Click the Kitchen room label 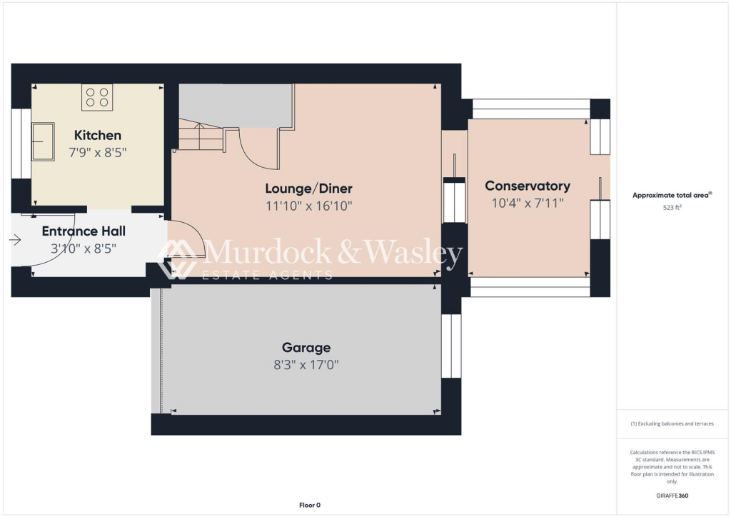pyautogui.click(x=98, y=135)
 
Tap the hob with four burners pyautogui.click(x=96, y=96)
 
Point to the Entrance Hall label pyautogui.click(x=84, y=231)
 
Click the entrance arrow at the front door pyautogui.click(x=16, y=241)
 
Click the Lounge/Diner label pyautogui.click(x=308, y=189)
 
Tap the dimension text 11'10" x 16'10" pyautogui.click(x=308, y=206)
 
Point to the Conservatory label pyautogui.click(x=528, y=186)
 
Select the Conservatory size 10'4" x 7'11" pyautogui.click(x=528, y=203)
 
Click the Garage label pyautogui.click(x=306, y=348)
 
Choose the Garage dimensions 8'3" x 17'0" pyautogui.click(x=306, y=364)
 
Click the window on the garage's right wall pyautogui.click(x=451, y=346)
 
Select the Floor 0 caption pyautogui.click(x=310, y=505)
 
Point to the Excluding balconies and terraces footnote pyautogui.click(x=672, y=423)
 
